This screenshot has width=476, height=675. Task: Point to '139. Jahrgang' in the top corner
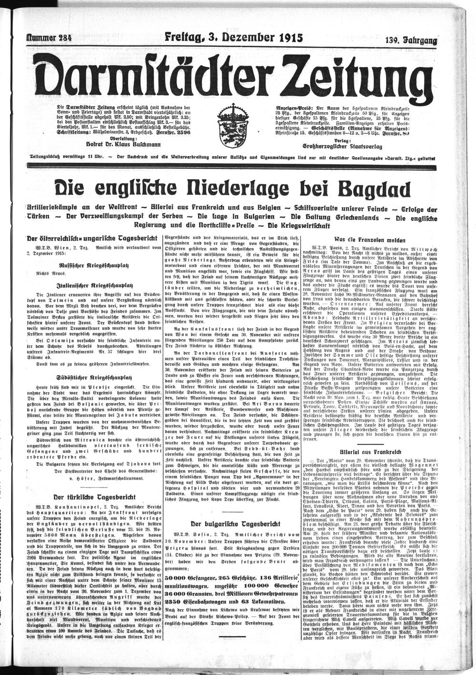(x=411, y=41)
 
